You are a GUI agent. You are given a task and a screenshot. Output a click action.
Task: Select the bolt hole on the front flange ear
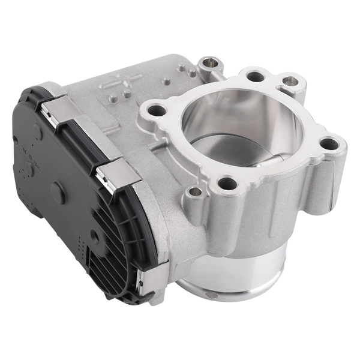click(x=226, y=183)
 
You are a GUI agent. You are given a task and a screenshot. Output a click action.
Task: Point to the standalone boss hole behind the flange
click(x=208, y=62)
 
